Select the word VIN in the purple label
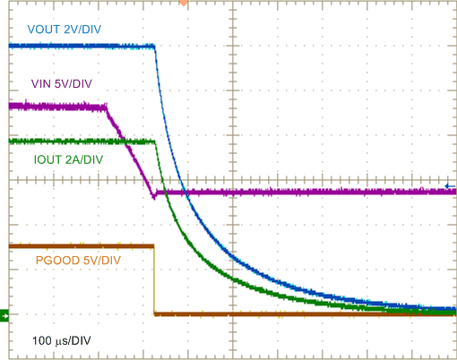(41, 84)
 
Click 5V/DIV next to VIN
(73, 84)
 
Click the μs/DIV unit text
(76, 341)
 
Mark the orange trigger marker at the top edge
(184, 3)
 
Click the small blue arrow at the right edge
(450, 186)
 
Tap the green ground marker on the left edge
(4, 314)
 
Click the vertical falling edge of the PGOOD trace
(154, 279)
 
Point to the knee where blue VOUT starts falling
(154, 47)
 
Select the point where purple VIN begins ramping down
(106, 107)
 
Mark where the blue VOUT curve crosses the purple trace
(183, 192)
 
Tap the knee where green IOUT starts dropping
(154, 141)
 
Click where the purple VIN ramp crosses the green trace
(125, 141)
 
